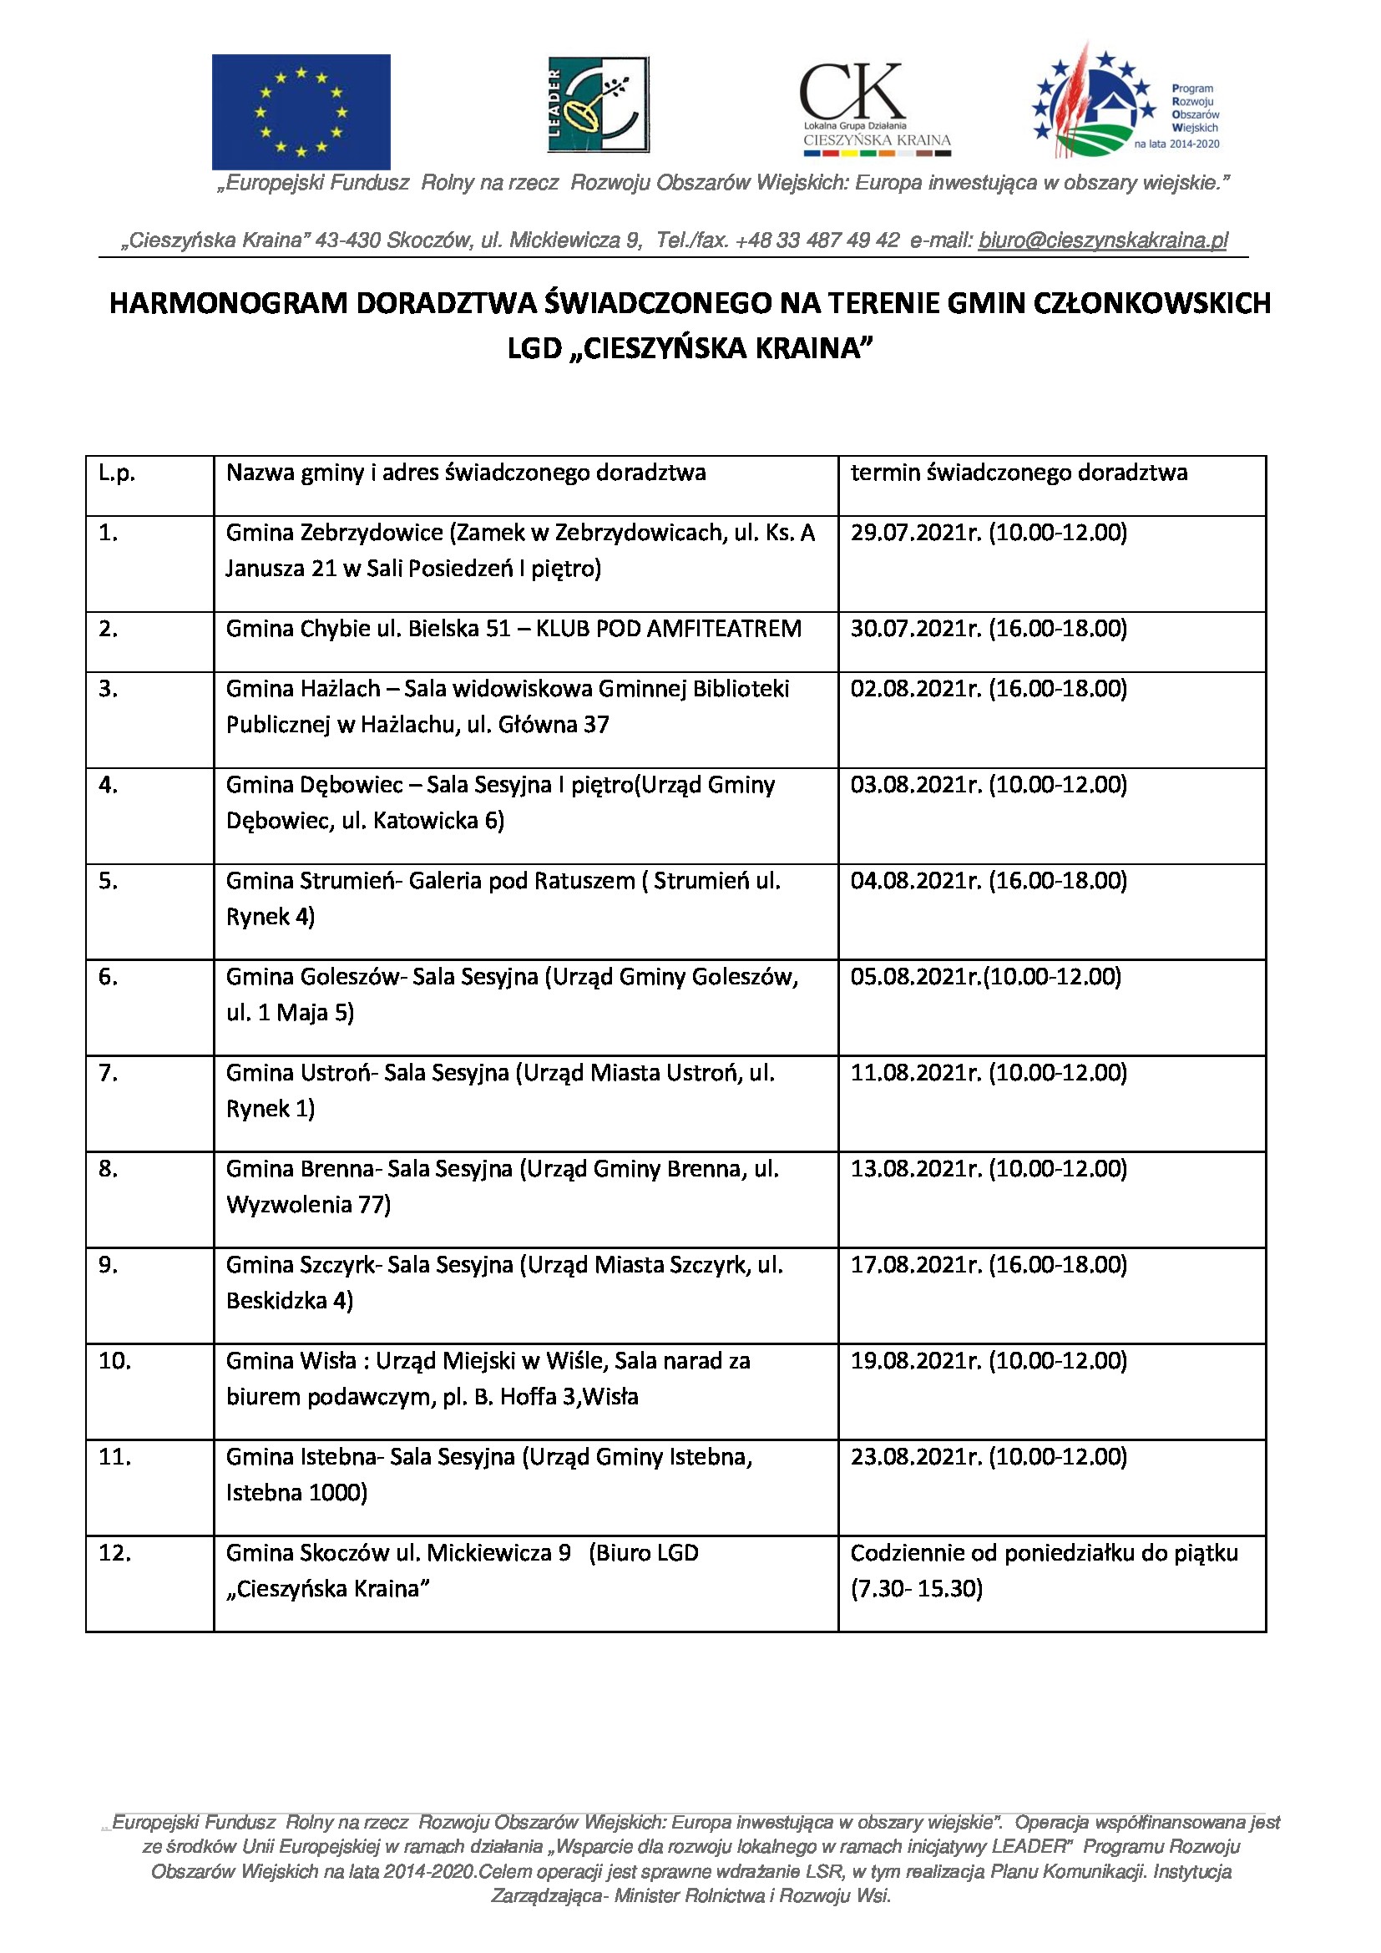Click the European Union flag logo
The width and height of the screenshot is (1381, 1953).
pyautogui.click(x=301, y=111)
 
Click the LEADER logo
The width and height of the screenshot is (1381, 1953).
pyautogui.click(x=598, y=104)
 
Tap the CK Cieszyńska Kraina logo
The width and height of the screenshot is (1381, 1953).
pyautogui.click(x=876, y=109)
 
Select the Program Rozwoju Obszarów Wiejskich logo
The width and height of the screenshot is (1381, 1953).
pyautogui.click(x=1126, y=103)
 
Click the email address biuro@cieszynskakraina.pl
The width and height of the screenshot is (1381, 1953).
pyautogui.click(x=1103, y=240)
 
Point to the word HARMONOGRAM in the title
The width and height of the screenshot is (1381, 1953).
pyautogui.click(x=228, y=303)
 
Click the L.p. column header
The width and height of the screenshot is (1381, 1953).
pyautogui.click(x=117, y=473)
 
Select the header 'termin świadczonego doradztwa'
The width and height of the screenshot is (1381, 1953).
pyautogui.click(x=1019, y=473)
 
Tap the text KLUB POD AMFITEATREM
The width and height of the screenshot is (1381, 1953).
pyautogui.click(x=669, y=629)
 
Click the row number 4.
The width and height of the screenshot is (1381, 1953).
pyautogui.click(x=108, y=785)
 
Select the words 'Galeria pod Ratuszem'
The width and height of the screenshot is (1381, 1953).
pyautogui.click(x=521, y=881)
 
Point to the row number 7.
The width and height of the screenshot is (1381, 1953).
pyautogui.click(x=108, y=1074)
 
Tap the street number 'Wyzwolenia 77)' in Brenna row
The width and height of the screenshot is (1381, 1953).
pyautogui.click(x=308, y=1205)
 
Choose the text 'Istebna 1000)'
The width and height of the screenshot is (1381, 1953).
pyautogui.click(x=296, y=1493)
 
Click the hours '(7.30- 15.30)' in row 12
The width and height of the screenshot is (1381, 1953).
pyautogui.click(x=917, y=1589)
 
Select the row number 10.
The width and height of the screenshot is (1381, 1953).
pyautogui.click(x=114, y=1361)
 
